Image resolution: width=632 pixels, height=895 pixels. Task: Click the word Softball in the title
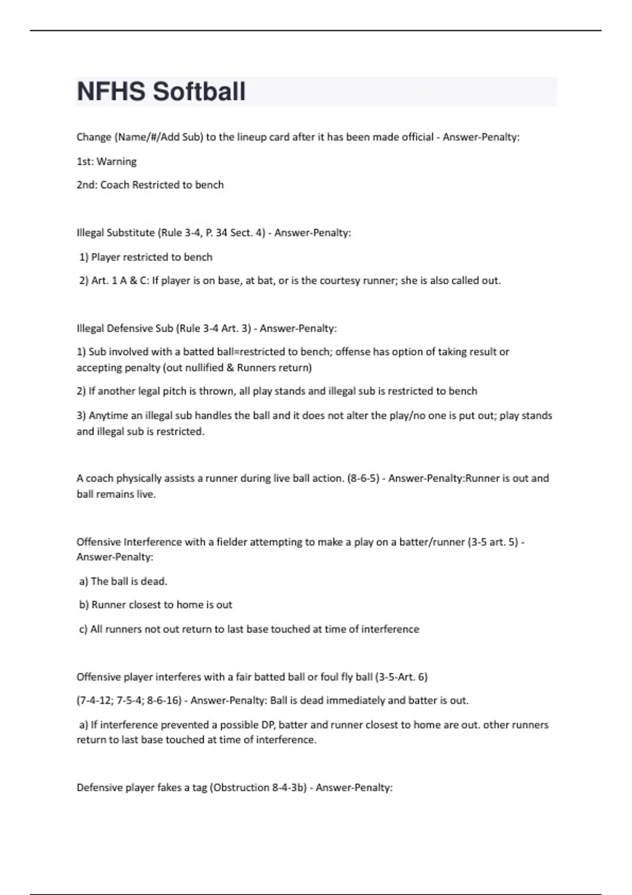(199, 92)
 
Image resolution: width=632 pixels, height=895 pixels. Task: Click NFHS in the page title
(111, 92)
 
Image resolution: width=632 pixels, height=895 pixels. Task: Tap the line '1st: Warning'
(106, 162)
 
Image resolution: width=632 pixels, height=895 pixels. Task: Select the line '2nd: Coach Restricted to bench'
(150, 185)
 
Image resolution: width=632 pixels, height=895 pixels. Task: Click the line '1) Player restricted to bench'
(146, 257)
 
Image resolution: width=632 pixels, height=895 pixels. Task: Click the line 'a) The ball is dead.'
(123, 581)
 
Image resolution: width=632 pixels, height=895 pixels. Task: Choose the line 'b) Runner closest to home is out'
(156, 605)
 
